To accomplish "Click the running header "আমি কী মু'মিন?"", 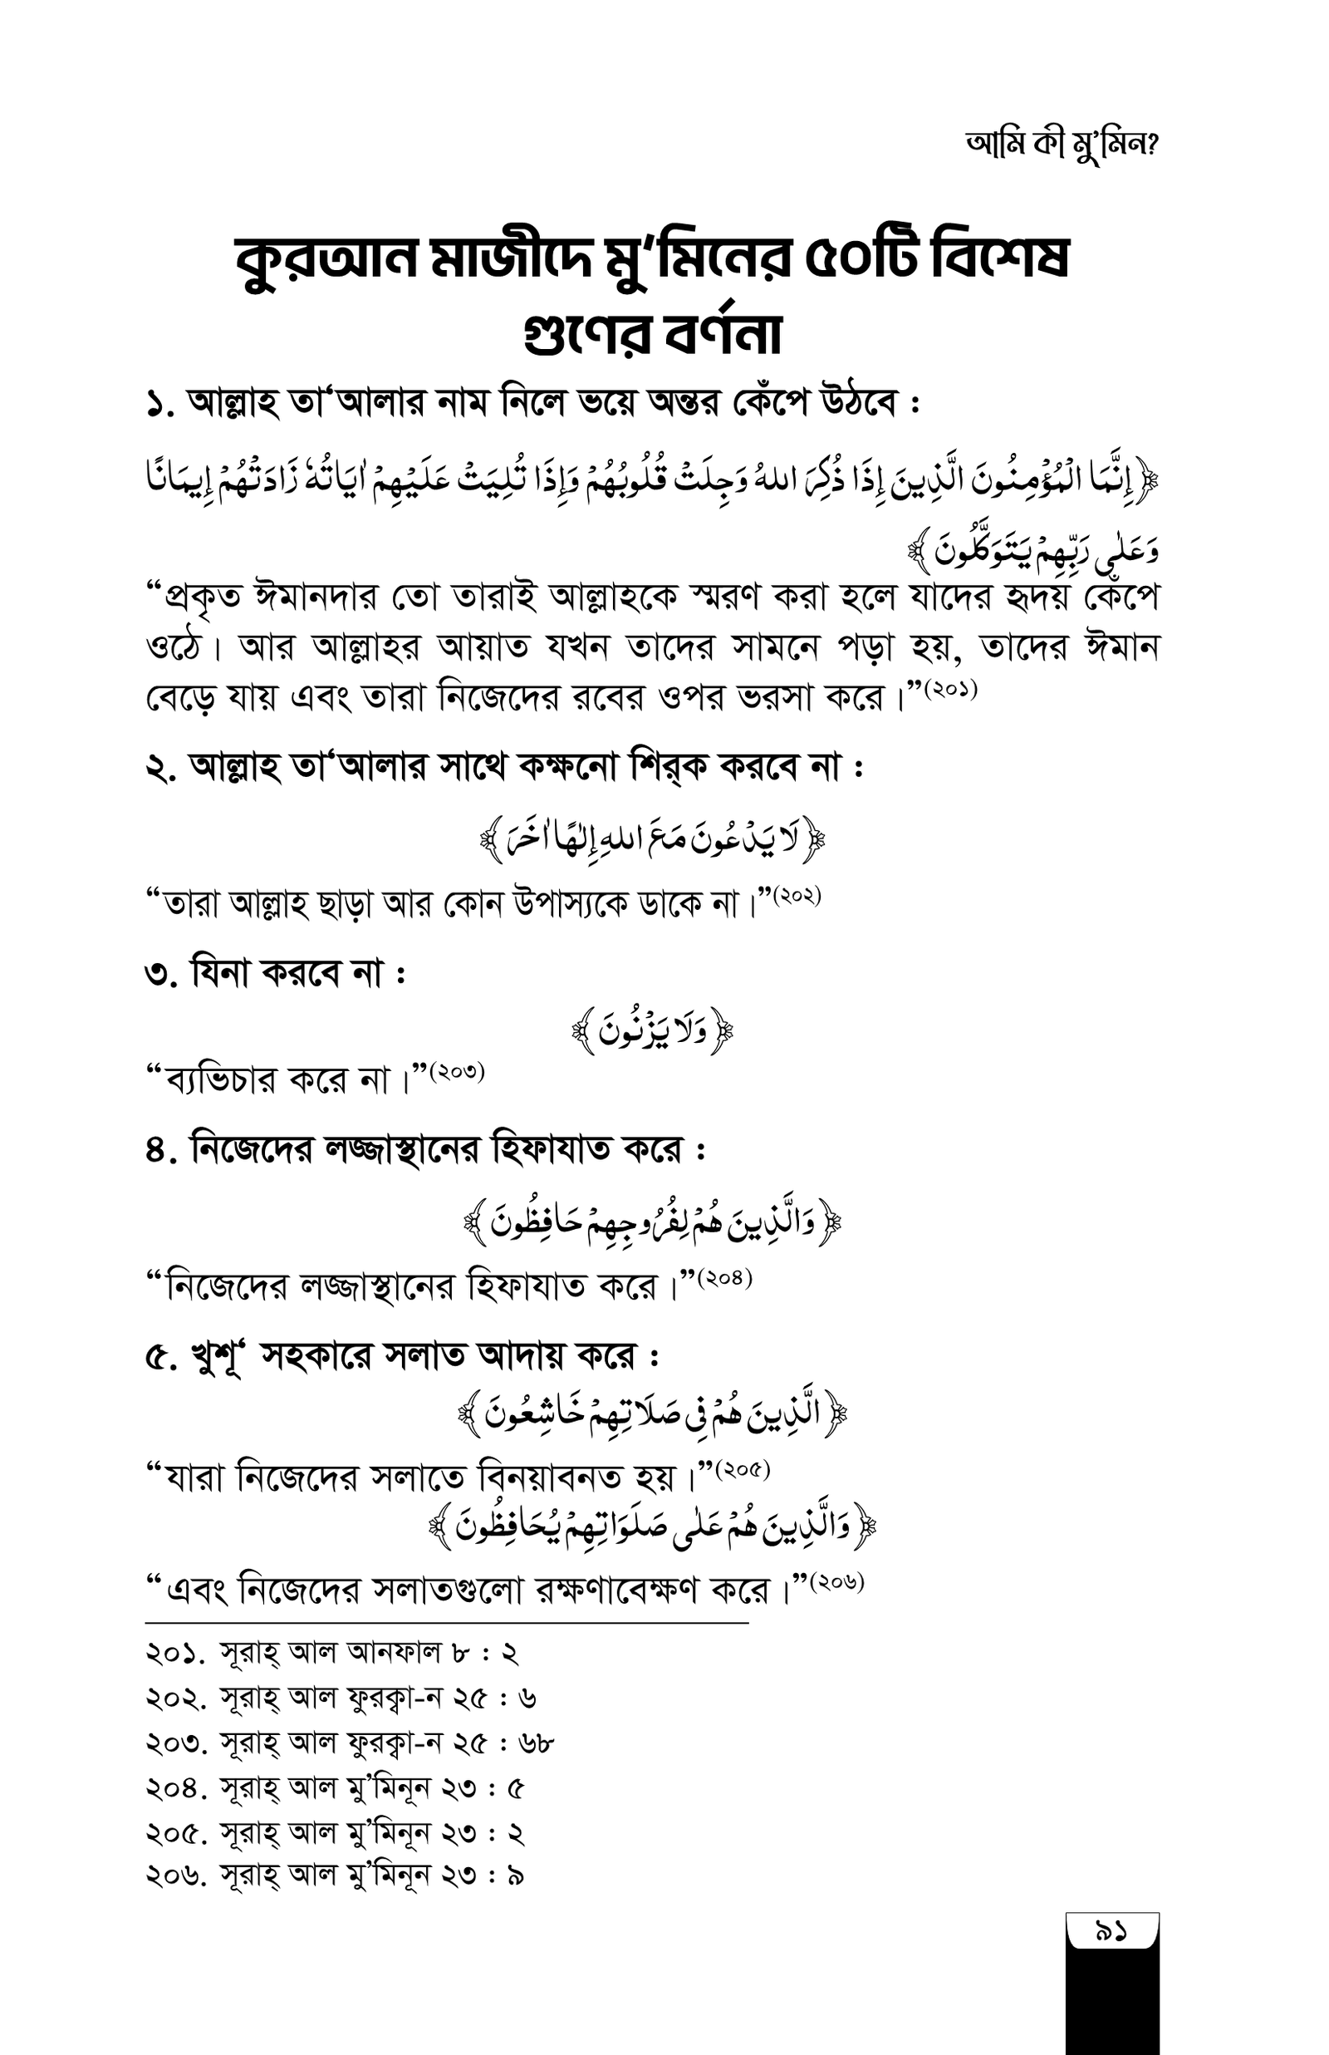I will (1062, 146).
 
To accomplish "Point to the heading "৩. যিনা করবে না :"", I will (275, 975).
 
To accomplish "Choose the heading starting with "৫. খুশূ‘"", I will (402, 1357).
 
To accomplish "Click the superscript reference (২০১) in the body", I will (950, 691).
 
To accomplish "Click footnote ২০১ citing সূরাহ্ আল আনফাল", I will (332, 1652).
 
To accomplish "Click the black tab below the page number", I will (1111, 2003).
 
